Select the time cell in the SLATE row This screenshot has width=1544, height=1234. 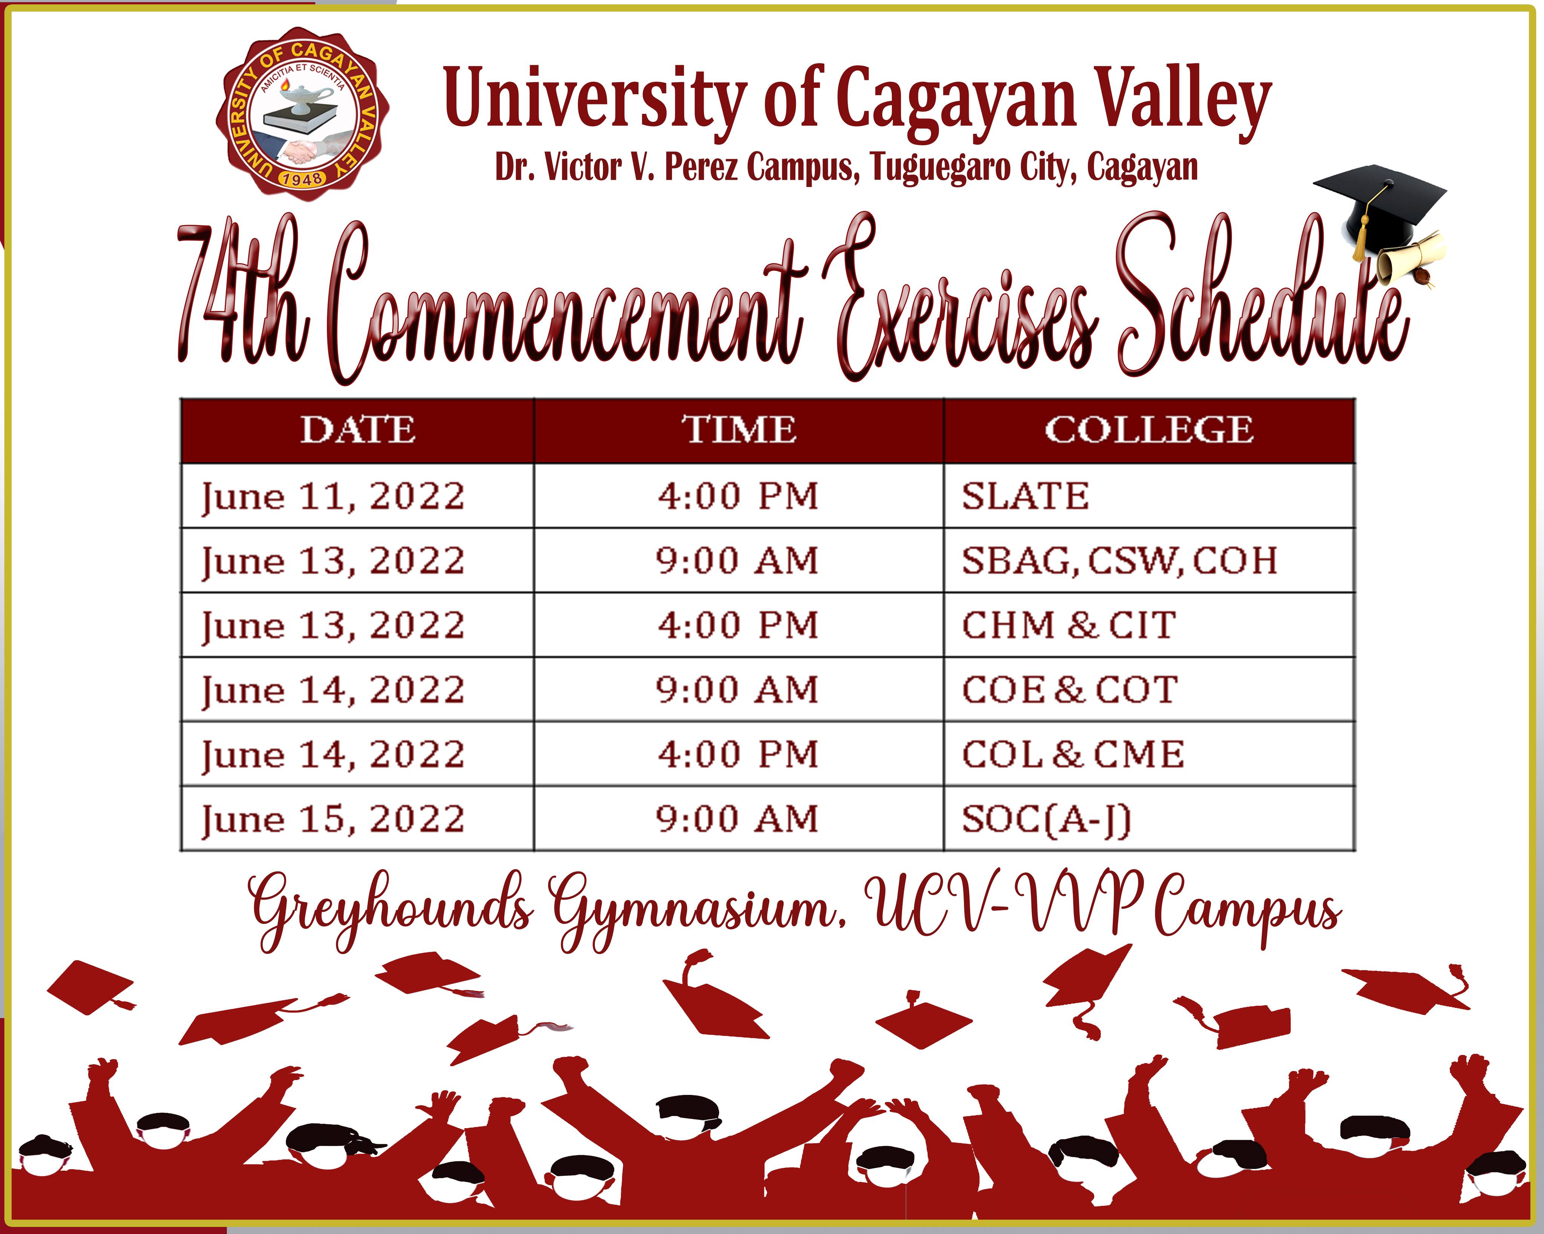(x=738, y=496)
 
